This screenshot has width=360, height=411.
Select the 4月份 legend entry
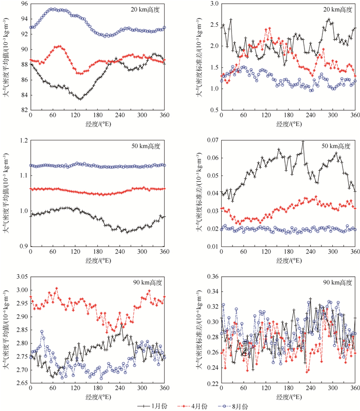(x=196, y=406)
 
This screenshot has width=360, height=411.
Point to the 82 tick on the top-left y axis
(x=24, y=110)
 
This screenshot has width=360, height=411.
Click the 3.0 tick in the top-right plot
(x=213, y=4)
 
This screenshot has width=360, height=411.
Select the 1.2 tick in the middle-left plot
(x=23, y=140)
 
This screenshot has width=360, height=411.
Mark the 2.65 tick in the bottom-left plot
(x=21, y=384)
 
